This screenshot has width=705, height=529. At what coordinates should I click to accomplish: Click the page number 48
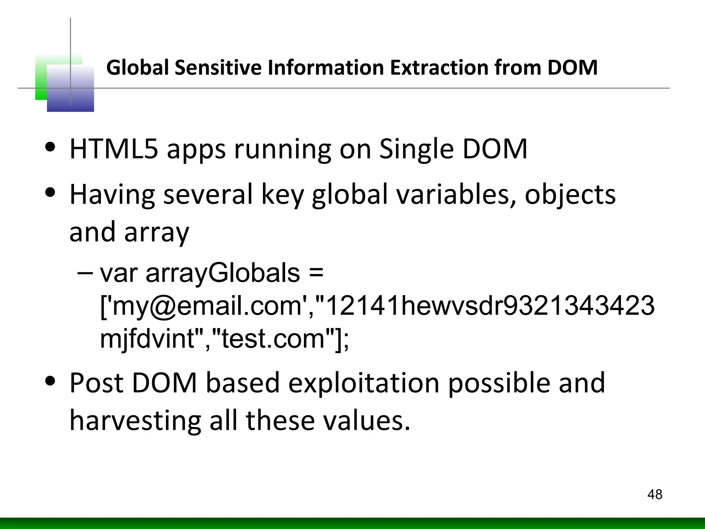coord(654,495)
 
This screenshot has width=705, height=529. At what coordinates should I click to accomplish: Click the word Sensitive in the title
coord(219,68)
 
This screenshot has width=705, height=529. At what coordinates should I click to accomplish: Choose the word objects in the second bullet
coord(570,195)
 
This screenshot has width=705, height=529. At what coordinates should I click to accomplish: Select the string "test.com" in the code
coord(273,339)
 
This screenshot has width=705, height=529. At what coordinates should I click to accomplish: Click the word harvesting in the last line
coord(135,421)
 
